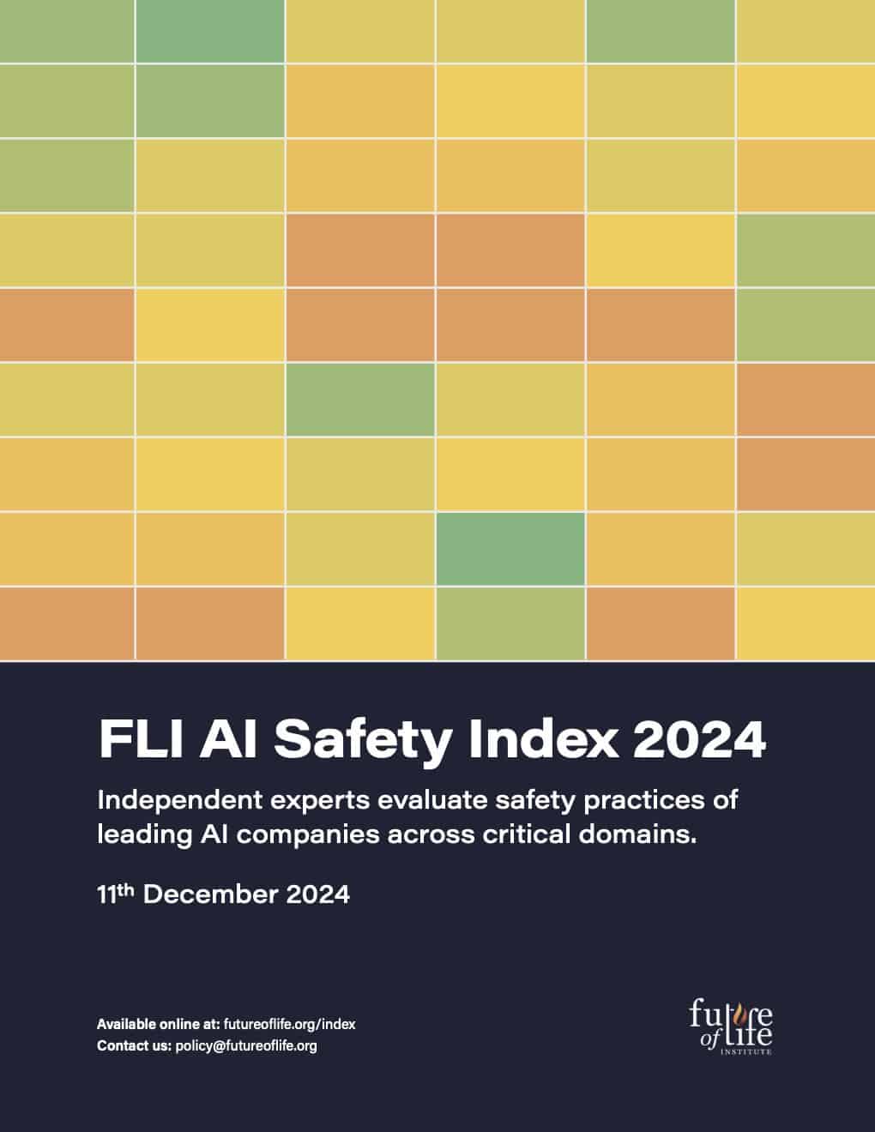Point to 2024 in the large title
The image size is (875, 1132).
click(x=698, y=738)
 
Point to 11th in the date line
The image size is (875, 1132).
click(x=117, y=894)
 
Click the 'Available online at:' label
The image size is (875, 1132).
click(x=158, y=1024)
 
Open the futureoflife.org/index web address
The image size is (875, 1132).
click(x=289, y=1024)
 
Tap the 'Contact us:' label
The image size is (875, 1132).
click(x=134, y=1045)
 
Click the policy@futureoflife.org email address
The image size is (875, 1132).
click(x=246, y=1045)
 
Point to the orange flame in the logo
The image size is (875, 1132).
click(x=735, y=1012)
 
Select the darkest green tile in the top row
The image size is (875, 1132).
click(x=210, y=31)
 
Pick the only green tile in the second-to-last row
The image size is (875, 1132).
click(x=510, y=549)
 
